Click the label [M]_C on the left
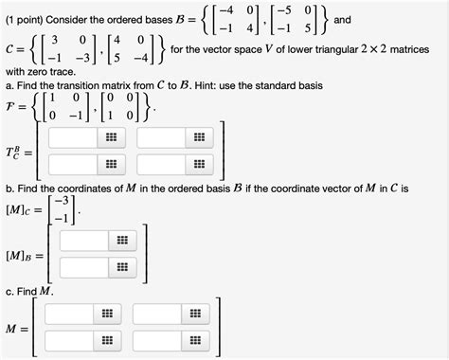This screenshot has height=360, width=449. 23,207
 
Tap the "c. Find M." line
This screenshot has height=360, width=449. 28,291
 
